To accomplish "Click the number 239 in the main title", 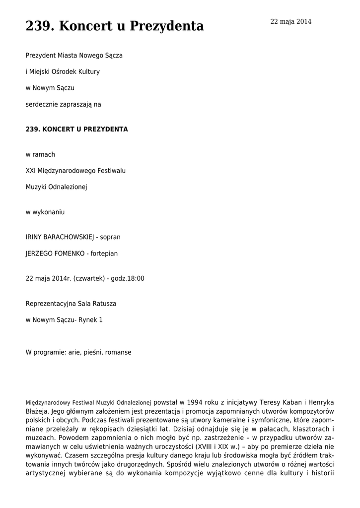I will point(38,26).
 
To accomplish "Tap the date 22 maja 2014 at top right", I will point(290,21).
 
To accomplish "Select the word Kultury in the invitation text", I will point(89,71).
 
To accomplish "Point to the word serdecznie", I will point(42,104).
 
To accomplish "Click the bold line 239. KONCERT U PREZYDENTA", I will point(76,129).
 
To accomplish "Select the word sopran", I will point(110,237).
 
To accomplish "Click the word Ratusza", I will point(104,303).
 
